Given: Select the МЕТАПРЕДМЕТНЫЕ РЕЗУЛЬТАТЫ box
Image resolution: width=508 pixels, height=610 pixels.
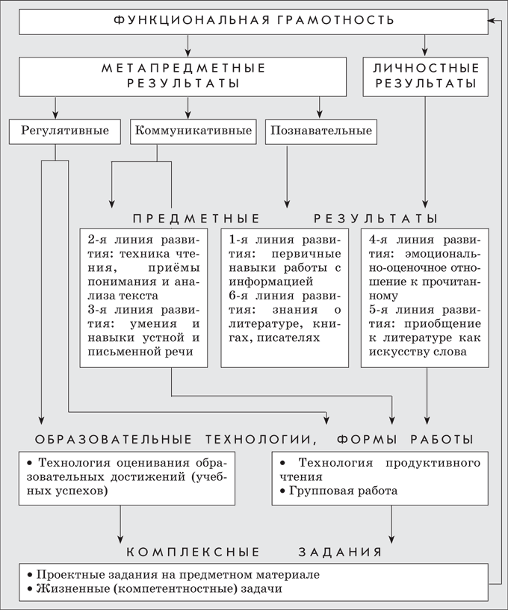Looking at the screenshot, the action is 182,77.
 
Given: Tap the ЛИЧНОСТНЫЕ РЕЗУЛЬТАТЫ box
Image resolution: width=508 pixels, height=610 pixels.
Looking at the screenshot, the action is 426,77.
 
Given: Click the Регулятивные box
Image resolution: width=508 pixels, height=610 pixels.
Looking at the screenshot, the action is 64,131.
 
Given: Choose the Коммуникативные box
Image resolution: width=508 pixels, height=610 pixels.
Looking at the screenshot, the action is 193,131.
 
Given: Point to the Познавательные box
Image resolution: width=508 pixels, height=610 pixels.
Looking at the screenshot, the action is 321,131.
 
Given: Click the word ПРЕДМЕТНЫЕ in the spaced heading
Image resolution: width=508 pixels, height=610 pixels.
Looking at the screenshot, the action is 196,219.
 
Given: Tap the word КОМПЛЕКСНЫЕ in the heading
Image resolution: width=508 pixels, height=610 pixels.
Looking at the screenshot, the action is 193,552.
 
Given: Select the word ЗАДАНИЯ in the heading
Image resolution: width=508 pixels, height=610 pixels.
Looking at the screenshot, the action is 341,552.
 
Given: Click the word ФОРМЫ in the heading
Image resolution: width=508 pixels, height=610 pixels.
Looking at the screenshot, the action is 367,440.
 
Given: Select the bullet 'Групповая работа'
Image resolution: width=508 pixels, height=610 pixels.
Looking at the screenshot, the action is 338,491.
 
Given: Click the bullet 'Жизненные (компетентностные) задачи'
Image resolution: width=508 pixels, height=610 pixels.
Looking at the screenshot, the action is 155,588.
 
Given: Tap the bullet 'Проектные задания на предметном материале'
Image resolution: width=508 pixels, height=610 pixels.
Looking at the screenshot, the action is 173,575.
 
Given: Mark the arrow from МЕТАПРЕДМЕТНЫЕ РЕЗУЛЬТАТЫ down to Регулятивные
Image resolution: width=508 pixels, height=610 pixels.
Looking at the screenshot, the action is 55,108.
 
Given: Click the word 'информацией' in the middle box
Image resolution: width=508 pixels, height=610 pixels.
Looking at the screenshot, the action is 271,281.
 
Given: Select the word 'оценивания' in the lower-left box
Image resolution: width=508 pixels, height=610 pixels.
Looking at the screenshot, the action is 154,464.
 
